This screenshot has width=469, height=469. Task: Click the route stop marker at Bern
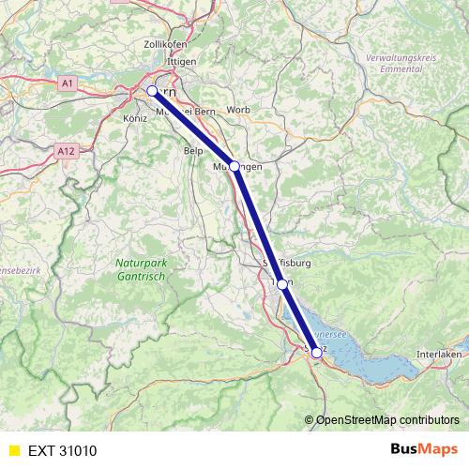(152, 91)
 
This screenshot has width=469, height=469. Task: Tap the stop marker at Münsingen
(234, 166)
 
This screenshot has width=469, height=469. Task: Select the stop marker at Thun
(282, 283)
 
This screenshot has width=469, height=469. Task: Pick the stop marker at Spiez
(316, 352)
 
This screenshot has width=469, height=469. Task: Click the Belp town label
(194, 150)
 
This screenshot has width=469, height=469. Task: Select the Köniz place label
(136, 119)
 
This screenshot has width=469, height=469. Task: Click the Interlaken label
(440, 354)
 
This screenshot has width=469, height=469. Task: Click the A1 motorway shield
(68, 83)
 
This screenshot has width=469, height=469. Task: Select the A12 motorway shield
(65, 150)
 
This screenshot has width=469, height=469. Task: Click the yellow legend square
(12, 450)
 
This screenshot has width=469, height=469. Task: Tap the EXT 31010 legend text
(62, 450)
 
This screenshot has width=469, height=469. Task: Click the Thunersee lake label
(331, 332)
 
